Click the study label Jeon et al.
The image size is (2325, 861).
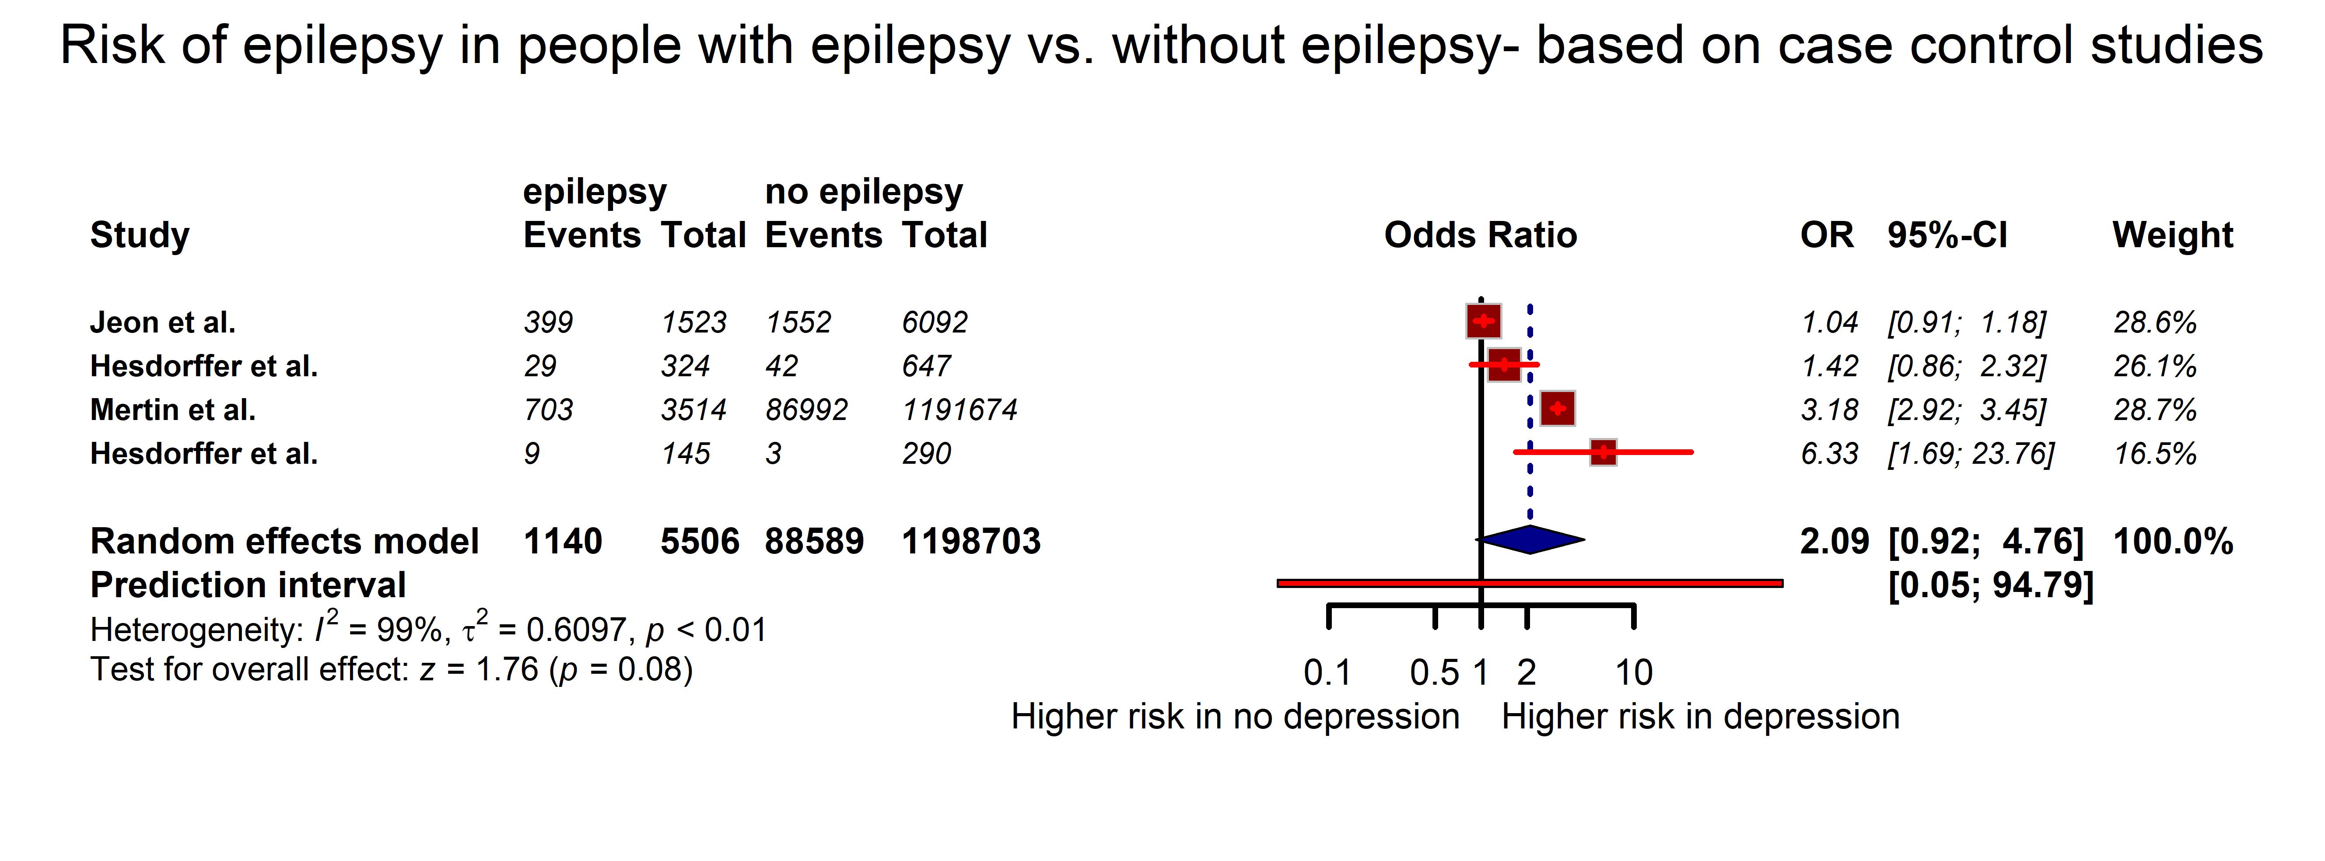(x=162, y=322)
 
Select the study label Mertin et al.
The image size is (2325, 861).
(x=172, y=410)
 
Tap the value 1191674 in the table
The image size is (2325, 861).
(x=959, y=410)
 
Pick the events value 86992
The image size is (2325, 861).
(x=806, y=410)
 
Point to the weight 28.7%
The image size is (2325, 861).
(x=2154, y=410)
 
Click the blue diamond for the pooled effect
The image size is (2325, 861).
(x=1531, y=540)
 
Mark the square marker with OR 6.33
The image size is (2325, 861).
(x=1603, y=452)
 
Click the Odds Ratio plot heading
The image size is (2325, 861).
(x=1480, y=234)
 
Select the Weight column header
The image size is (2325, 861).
(x=2172, y=234)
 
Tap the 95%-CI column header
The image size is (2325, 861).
(x=1947, y=234)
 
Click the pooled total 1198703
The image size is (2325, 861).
(x=971, y=542)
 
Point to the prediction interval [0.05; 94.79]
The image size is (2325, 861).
(x=1990, y=585)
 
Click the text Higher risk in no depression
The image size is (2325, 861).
(x=1235, y=717)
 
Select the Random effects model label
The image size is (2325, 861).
(x=284, y=542)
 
